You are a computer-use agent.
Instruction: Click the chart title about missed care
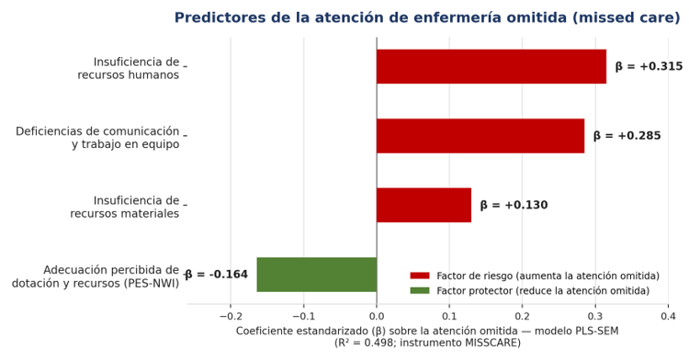point(427,17)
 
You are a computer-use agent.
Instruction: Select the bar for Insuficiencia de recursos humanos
point(491,66)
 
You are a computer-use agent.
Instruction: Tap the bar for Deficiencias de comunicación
point(480,136)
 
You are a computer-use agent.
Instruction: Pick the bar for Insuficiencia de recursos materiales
point(424,205)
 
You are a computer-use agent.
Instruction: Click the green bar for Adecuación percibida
point(317,275)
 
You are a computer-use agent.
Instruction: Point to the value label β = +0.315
point(649,66)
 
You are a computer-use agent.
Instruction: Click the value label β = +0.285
point(627,136)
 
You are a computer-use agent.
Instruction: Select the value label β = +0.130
point(514,205)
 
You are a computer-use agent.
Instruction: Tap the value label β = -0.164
point(216,275)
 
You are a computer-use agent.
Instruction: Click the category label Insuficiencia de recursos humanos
point(129,69)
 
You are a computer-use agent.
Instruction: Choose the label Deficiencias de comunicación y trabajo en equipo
point(97,138)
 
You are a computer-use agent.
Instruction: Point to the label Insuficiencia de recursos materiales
point(125,208)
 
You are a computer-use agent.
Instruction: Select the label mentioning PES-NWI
point(96,276)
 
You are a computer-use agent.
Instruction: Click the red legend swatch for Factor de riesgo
point(420,276)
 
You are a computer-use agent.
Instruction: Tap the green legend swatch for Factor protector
point(420,290)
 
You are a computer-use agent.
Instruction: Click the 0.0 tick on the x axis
point(377,317)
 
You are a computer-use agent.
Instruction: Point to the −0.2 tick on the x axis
point(231,317)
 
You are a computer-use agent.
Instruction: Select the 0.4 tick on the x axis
point(669,317)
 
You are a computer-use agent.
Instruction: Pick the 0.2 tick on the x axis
point(523,317)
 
